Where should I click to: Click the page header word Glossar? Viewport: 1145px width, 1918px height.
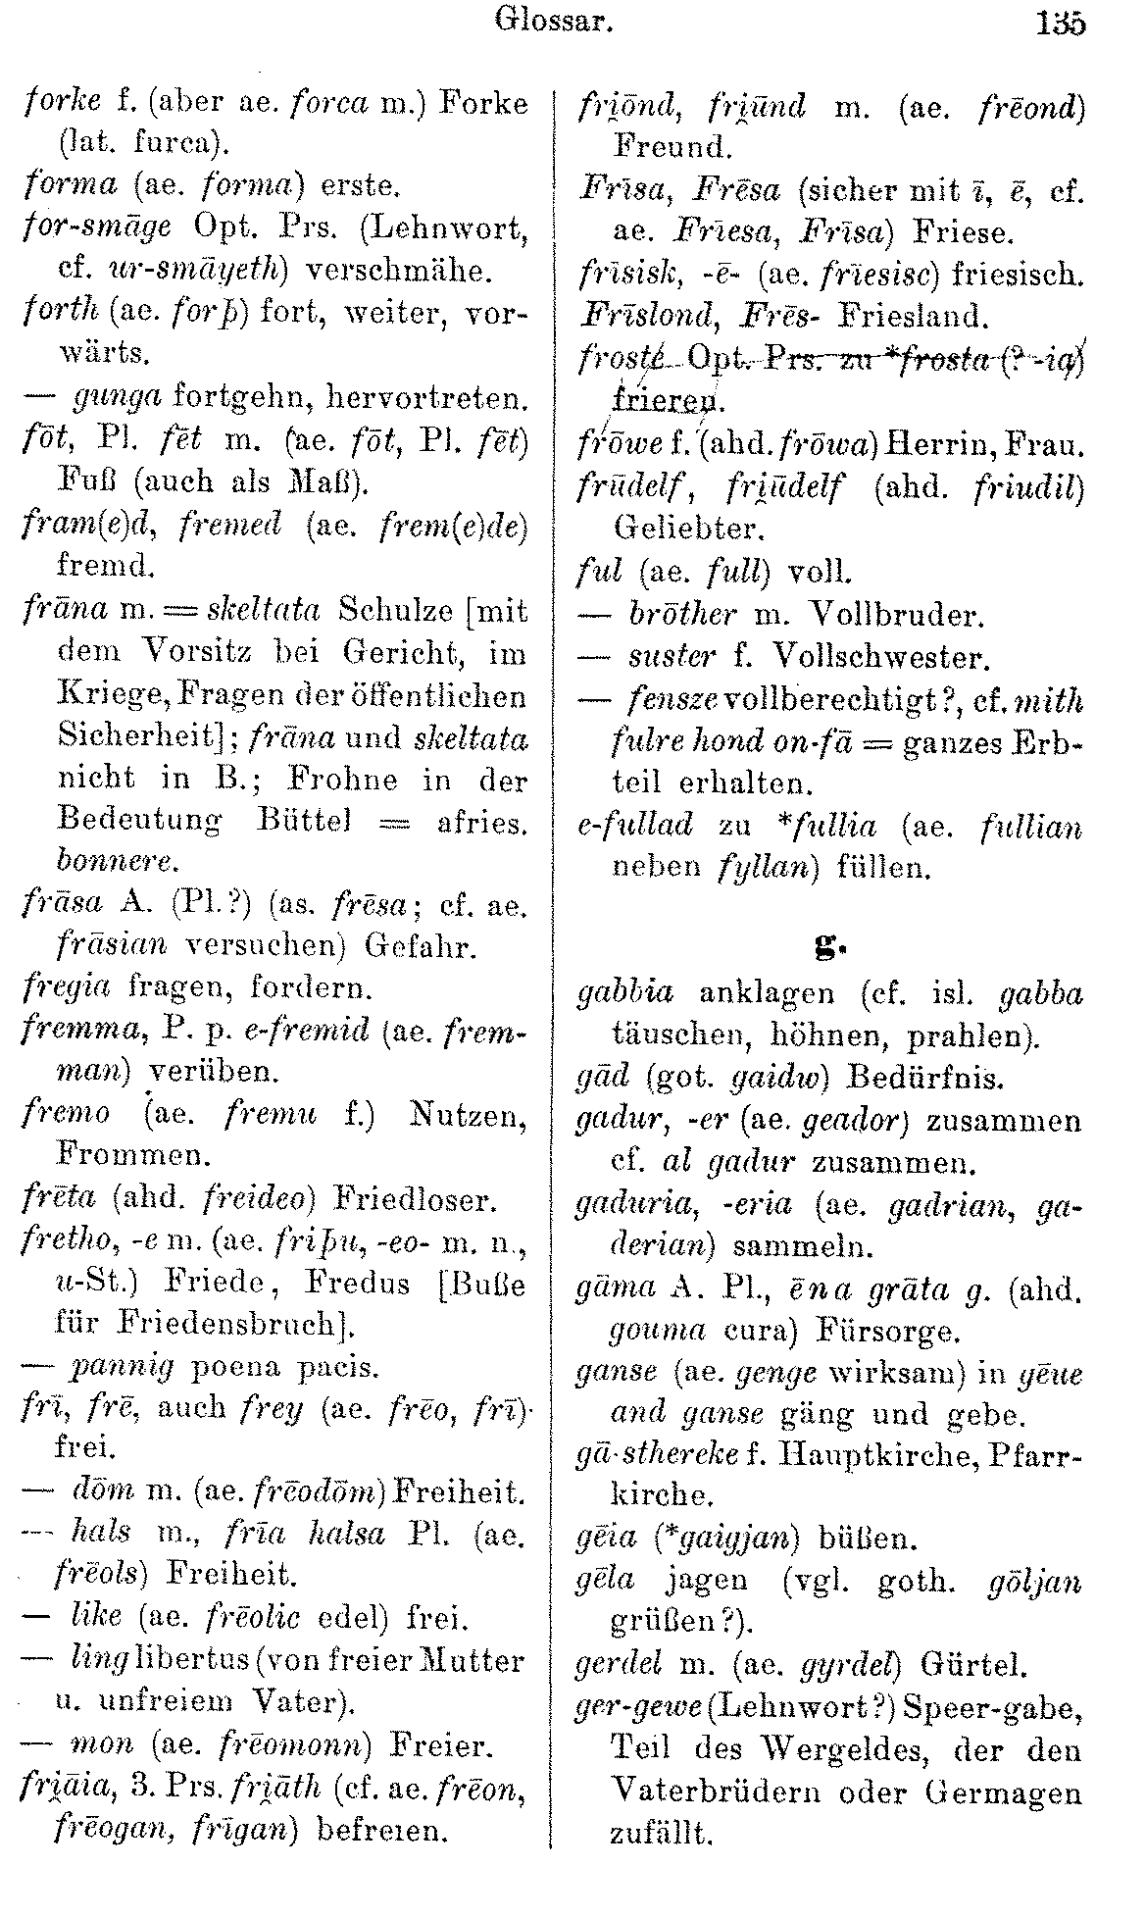554,20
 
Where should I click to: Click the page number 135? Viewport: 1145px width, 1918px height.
1060,21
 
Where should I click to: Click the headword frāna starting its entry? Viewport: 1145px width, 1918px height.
60,611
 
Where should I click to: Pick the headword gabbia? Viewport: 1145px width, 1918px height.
626,993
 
